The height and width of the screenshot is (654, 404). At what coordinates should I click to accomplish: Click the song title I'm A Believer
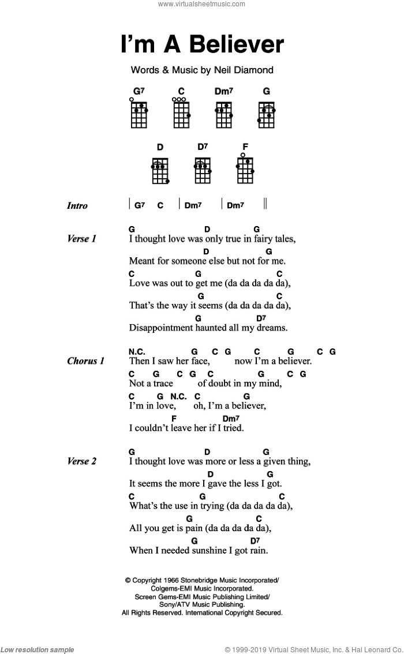[x=202, y=45]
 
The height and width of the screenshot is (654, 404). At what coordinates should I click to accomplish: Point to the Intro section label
[x=77, y=206]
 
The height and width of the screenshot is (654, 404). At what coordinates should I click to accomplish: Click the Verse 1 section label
[x=81, y=239]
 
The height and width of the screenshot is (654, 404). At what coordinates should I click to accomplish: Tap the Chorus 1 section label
[x=85, y=362]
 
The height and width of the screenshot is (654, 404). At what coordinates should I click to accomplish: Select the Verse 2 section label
[x=81, y=461]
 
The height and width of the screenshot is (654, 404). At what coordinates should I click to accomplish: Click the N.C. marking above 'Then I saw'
[x=137, y=352]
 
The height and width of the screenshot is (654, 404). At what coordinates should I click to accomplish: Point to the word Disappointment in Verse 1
[x=162, y=328]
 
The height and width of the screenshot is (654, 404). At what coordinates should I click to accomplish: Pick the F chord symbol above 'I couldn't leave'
[x=174, y=418]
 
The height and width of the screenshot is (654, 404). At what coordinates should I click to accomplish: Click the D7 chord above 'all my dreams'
[x=261, y=318]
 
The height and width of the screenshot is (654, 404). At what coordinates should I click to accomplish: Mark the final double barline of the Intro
[x=265, y=204]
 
